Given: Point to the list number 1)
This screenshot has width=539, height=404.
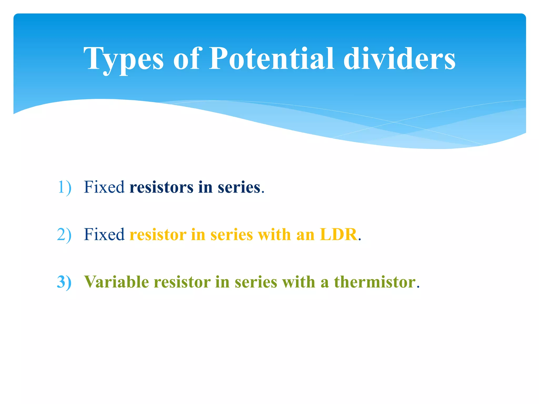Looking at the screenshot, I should click(64, 187).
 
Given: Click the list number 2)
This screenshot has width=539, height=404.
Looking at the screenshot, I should click(64, 234).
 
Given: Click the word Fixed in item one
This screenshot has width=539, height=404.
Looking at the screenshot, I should click(104, 187).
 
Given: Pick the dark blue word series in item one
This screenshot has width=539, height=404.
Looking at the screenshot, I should click(239, 187).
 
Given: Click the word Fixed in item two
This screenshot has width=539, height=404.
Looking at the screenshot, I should click(104, 234).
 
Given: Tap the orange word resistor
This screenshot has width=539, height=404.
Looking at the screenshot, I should click(158, 234).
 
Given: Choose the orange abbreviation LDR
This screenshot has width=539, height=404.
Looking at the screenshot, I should click(338, 234).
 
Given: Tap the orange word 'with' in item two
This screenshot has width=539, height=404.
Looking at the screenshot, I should click(274, 234).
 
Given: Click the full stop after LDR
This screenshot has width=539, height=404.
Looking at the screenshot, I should click(360, 239).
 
